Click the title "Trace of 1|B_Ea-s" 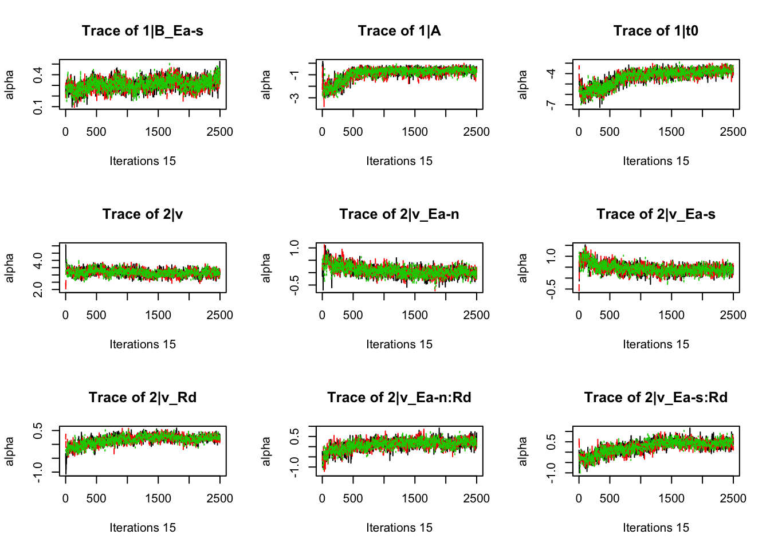pos(142,31)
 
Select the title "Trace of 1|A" pos(399,31)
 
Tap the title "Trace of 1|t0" pos(655,31)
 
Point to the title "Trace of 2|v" pos(142,214)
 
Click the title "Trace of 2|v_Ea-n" pos(399,214)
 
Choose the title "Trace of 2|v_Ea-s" pos(655,214)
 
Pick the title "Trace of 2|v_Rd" pos(142,398)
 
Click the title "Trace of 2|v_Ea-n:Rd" pos(399,398)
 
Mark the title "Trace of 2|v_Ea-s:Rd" pos(655,398)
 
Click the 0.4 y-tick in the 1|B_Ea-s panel pos(38,74)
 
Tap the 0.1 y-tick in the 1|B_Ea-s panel pos(38,107)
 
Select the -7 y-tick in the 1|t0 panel pos(551,105)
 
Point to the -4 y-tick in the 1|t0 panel pos(551,73)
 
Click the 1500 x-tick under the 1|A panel pos(415,132)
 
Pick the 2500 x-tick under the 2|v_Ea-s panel pos(733,315)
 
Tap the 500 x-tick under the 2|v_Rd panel pos(96,498)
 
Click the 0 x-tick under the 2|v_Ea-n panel pos(322,315)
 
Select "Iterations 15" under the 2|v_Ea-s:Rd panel pos(655,528)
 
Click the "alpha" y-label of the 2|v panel pos(10,268)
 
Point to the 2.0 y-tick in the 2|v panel pos(38,289)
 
